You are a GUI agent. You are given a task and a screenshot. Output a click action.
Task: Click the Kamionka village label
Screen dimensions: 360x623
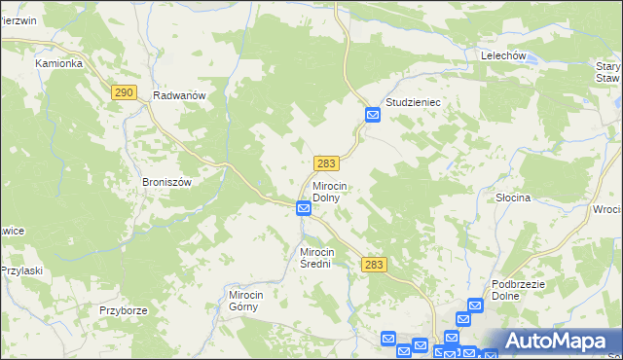pyautogui.click(x=58, y=63)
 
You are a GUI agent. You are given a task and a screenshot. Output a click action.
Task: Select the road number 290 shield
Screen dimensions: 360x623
pyautogui.click(x=123, y=92)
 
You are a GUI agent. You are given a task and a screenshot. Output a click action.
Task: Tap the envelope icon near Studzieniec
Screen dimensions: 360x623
pyautogui.click(x=373, y=116)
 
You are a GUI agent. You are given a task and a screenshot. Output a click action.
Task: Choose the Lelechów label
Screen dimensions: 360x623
pyautogui.click(x=503, y=56)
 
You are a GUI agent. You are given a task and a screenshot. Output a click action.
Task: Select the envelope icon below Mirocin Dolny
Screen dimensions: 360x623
pyautogui.click(x=304, y=208)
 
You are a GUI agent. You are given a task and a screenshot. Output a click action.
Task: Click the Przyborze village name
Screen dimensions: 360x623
pyautogui.click(x=123, y=310)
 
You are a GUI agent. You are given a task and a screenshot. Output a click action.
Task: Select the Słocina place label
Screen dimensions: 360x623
pyautogui.click(x=511, y=198)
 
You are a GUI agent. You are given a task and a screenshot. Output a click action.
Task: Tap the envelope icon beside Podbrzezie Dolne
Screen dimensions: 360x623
pyautogui.click(x=475, y=306)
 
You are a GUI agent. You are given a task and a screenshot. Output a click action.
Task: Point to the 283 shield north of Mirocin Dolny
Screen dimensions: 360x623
pyautogui.click(x=326, y=164)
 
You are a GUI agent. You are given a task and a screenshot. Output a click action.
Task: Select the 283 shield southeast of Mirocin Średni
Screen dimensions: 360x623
pyautogui.click(x=374, y=264)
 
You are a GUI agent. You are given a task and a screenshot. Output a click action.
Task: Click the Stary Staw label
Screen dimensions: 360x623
pyautogui.click(x=607, y=72)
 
